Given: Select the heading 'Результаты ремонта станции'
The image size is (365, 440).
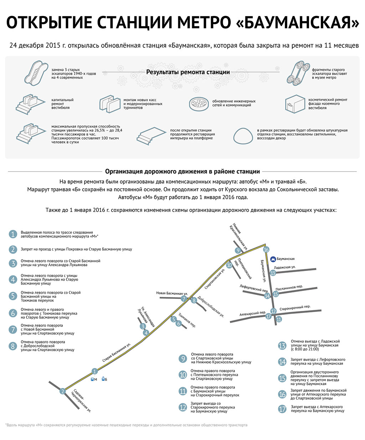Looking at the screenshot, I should click(x=188, y=72).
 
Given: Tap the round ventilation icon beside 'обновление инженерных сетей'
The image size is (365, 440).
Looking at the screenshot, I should click(x=199, y=103).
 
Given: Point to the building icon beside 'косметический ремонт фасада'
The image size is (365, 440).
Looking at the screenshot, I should click(x=295, y=104).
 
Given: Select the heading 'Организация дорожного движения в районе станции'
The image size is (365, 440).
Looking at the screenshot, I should click(x=182, y=172).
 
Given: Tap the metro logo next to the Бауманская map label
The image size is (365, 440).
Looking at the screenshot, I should click(x=273, y=259).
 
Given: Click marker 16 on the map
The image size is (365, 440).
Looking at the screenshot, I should click(x=266, y=250).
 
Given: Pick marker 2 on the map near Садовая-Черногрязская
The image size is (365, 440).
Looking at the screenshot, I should click(x=63, y=391).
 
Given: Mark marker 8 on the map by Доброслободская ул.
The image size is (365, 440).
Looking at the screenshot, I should click(x=194, y=300).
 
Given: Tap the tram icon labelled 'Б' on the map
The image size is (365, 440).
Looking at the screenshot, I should click(x=103, y=379).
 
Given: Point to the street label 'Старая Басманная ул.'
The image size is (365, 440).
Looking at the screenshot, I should click(x=117, y=353).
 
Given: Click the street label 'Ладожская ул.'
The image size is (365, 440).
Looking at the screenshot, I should click(x=285, y=267).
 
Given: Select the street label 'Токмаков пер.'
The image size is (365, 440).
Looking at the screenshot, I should click(x=187, y=320).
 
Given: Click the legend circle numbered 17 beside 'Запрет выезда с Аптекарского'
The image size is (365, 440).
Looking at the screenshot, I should click(x=282, y=409).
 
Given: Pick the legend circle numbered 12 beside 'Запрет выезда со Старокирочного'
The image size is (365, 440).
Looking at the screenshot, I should click(x=183, y=407).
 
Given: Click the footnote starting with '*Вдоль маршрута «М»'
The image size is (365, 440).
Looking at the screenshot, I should click(x=126, y=425).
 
